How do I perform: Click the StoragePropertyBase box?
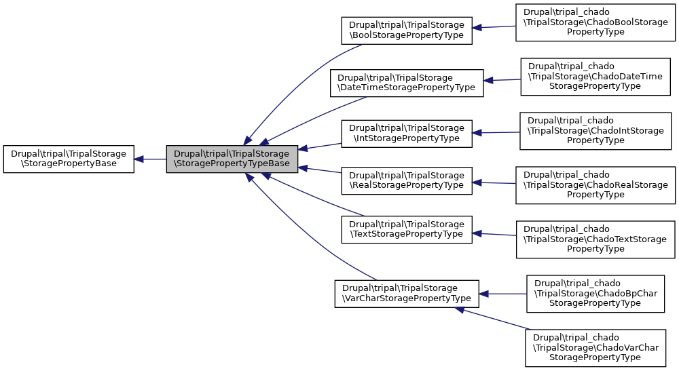(x=69, y=159)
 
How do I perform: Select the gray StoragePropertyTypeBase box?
(x=232, y=159)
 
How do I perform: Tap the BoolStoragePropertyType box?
(x=406, y=29)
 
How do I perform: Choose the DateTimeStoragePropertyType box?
(x=406, y=82)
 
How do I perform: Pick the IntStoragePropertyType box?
(x=406, y=133)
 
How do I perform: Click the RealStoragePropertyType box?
(x=406, y=179)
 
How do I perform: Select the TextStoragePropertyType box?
(x=406, y=229)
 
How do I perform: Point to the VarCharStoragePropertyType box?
(x=406, y=293)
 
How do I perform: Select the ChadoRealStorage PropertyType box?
(x=595, y=184)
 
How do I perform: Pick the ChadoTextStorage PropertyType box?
(x=595, y=239)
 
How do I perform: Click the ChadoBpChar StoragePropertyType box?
(x=595, y=294)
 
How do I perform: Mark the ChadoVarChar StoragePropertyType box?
(x=595, y=347)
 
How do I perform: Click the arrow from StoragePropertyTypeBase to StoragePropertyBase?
(x=150, y=159)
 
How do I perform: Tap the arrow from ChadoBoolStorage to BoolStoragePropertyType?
(x=494, y=27)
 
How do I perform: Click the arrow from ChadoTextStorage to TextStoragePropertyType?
(x=494, y=234)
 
